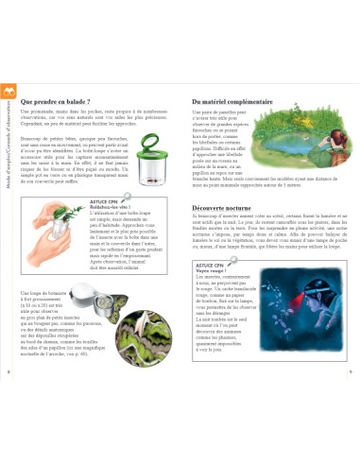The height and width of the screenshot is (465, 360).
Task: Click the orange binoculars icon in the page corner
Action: pyautogui.click(x=9, y=91)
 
